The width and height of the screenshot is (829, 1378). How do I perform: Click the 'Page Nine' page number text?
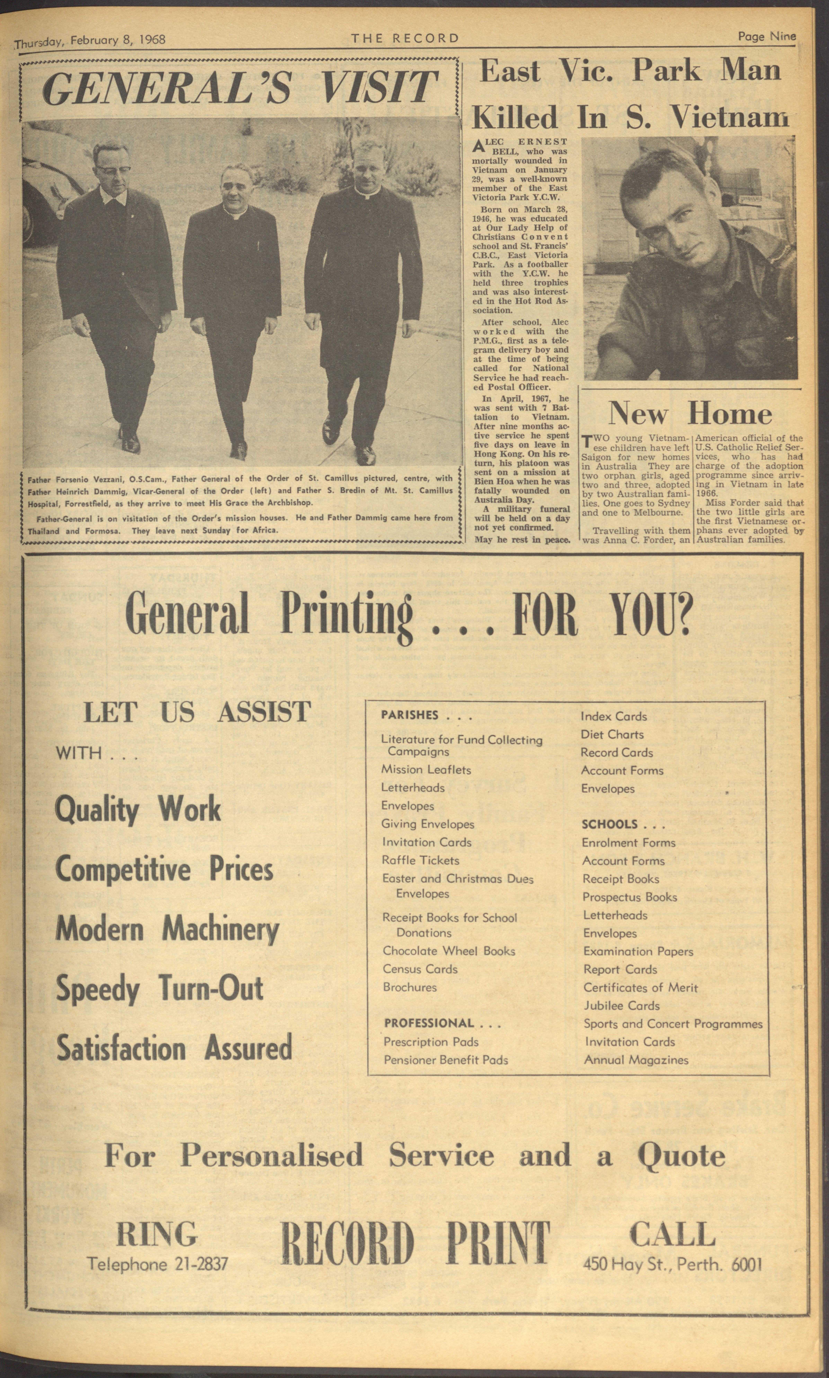click(766, 36)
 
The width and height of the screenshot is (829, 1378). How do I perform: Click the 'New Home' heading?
click(690, 414)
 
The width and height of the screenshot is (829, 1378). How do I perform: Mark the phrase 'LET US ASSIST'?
click(197, 712)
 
